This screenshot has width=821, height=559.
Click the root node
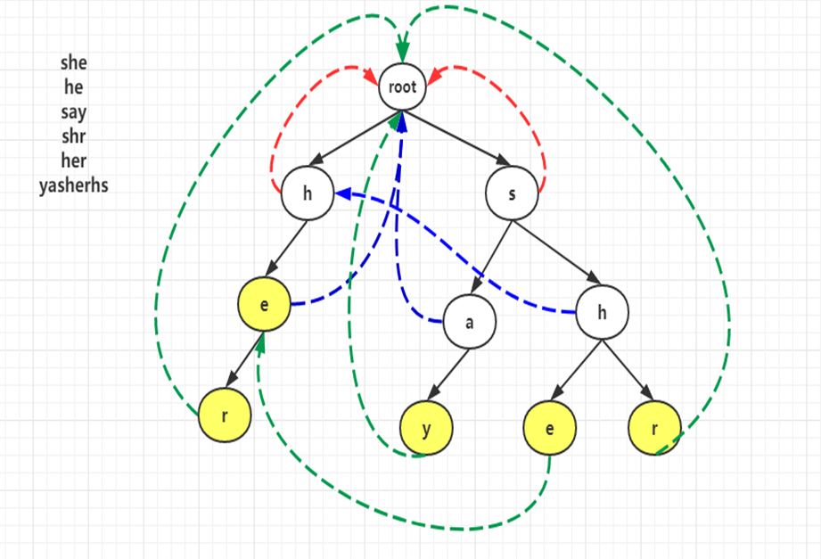coord(403,87)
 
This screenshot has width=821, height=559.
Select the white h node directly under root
coord(308,193)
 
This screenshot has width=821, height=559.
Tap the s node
coord(512,193)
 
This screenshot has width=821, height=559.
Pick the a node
coord(469,322)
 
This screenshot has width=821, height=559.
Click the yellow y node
coord(426,428)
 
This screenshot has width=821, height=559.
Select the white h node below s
coord(602,311)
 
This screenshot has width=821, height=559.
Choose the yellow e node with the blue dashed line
coord(264,303)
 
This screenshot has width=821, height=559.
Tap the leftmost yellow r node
coord(224,415)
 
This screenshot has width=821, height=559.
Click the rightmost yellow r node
coord(654,427)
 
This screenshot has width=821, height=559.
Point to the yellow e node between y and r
coord(549,428)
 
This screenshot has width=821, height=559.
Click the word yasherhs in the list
coord(74,186)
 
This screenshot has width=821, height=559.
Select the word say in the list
coord(74,112)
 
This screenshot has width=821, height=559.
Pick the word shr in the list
coord(74,137)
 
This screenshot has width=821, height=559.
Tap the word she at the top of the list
coord(74,62)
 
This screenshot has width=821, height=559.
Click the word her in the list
coord(74,162)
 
